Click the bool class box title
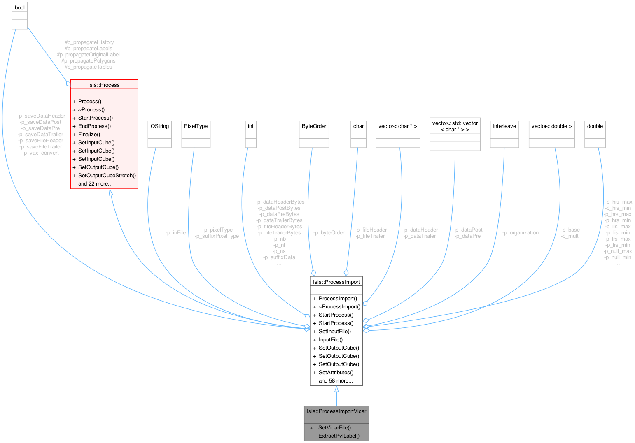click(x=20, y=8)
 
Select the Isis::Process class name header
click(x=104, y=85)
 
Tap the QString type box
click(x=160, y=126)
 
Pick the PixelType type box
click(x=196, y=126)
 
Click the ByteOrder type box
click(x=314, y=126)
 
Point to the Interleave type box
click(x=504, y=126)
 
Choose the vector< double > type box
click(x=551, y=126)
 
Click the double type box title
click(x=595, y=126)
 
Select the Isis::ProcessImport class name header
click(x=336, y=282)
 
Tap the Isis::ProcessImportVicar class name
click(x=336, y=411)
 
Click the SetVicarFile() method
click(x=334, y=428)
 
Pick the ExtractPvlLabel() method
click(x=339, y=436)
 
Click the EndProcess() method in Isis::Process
click(x=94, y=126)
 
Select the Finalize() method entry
click(x=89, y=135)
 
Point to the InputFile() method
click(x=330, y=340)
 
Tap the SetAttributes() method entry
click(x=336, y=373)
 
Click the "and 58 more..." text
click(x=336, y=381)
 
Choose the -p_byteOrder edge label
click(x=329, y=233)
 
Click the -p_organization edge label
click(x=521, y=233)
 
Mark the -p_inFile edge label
click(x=175, y=233)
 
